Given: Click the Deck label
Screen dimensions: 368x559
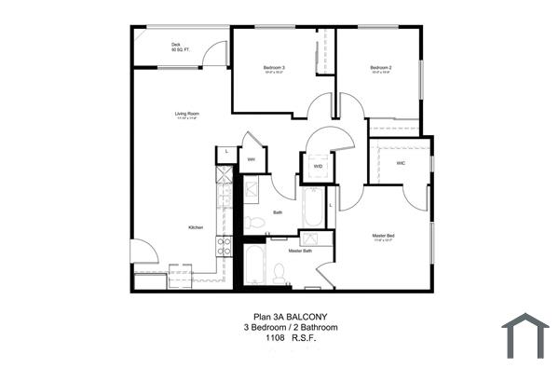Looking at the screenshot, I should coord(175,45).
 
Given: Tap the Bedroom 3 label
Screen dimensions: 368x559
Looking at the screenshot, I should coord(274,68).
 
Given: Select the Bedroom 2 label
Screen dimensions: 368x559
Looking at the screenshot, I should coord(379,68).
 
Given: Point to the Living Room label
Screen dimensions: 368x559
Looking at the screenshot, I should coord(187,114).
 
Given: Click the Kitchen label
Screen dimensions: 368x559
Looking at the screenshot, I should coord(196,228).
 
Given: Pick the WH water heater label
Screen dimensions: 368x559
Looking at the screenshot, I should coord(251,159).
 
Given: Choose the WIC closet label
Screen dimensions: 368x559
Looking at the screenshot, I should coord(400,163).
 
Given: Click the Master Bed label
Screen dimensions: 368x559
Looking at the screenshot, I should coord(383,237).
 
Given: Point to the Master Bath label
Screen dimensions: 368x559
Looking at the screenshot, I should coord(299,252).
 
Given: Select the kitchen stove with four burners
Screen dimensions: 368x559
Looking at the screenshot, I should coord(225,246).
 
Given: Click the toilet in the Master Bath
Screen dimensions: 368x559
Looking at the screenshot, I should coord(278,273).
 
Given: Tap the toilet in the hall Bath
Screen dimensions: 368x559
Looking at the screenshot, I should coord(252,221).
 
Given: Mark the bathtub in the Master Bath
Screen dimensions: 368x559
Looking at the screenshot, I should coord(254,266).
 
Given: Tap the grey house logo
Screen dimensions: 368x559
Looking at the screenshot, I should coord(525,334).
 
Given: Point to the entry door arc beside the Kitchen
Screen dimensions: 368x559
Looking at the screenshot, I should coord(144,250).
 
